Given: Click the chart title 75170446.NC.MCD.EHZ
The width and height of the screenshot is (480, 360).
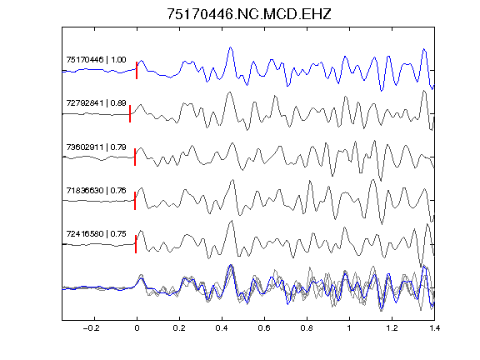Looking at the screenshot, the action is (249, 14).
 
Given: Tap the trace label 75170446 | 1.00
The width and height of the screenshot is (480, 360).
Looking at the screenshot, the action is (96, 60).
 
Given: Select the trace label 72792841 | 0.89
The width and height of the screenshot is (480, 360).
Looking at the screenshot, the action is (96, 103).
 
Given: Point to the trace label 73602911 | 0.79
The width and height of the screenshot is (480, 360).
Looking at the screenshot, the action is (96, 147).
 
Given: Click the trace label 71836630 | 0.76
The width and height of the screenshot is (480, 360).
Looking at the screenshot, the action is (96, 191).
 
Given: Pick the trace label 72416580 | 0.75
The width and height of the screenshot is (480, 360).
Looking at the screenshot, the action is (96, 234).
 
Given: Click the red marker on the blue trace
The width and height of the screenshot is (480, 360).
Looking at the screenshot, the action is (137, 70).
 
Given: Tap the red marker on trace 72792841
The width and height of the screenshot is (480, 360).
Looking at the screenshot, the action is (130, 114).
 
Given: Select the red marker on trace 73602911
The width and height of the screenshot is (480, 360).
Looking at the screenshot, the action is (135, 157).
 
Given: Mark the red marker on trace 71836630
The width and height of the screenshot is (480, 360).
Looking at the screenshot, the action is (135, 201).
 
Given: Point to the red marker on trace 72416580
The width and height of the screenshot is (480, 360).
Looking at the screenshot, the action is (136, 244).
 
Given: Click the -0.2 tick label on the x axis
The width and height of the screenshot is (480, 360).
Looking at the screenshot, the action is (92, 328).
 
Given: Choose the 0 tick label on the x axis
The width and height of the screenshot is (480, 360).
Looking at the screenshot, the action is (137, 328).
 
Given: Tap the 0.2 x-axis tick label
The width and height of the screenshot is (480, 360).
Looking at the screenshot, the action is (179, 328).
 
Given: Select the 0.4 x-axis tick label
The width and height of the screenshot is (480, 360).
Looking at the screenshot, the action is (222, 328).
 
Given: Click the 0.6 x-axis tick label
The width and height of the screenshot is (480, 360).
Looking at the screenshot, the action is (264, 328).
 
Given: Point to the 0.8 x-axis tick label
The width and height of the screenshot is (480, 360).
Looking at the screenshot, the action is (307, 328).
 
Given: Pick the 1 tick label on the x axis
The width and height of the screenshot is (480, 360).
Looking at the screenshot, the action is (349, 328).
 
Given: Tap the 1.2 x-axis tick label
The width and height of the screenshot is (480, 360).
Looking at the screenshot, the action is (392, 328).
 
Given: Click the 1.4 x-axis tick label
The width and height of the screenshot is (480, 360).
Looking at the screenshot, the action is (434, 328).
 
